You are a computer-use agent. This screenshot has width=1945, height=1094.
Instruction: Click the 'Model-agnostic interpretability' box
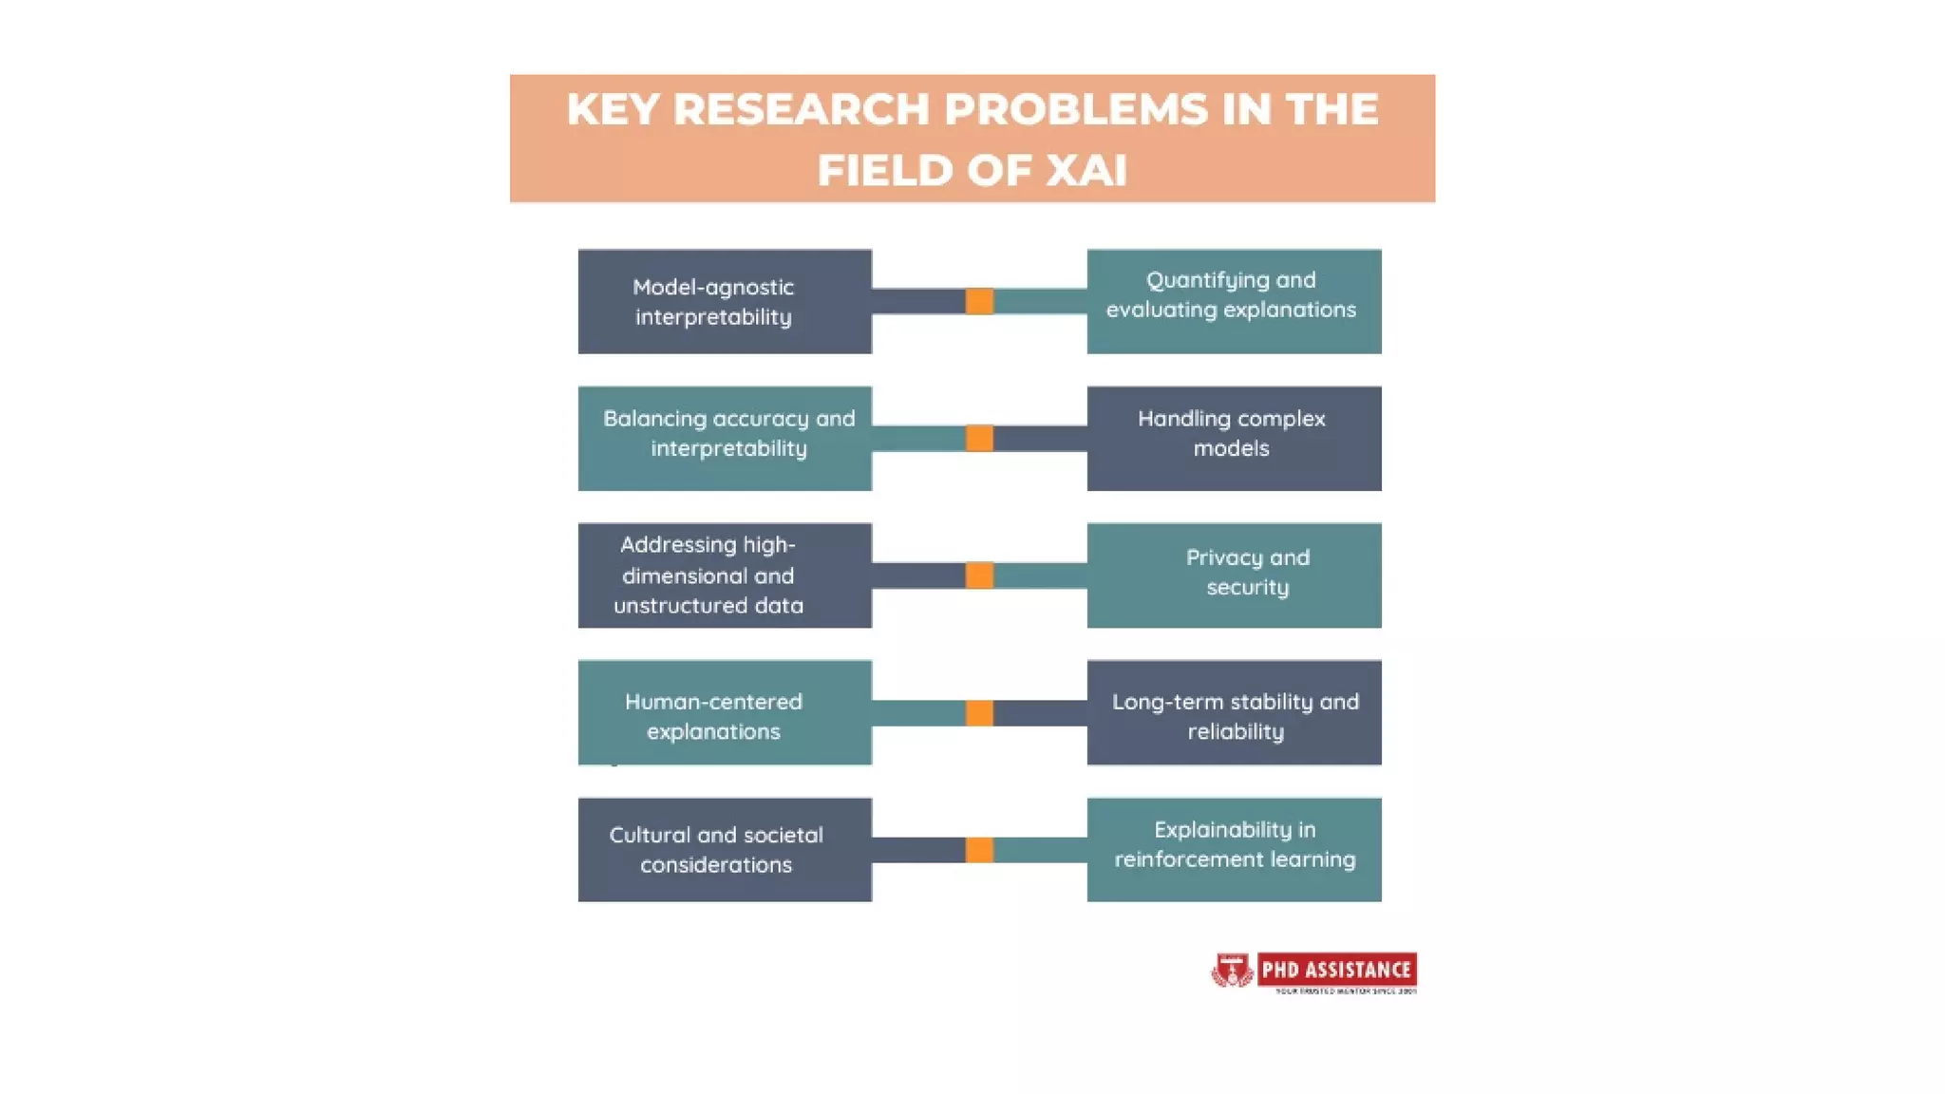pos(725,302)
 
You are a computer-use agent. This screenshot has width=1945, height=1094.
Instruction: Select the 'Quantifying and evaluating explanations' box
pos(1234,302)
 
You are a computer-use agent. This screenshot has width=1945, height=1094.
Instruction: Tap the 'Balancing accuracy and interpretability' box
pos(725,438)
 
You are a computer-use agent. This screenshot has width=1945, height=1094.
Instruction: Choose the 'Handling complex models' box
pos(1234,438)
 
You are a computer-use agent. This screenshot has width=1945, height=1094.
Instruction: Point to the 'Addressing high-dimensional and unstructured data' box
pos(725,575)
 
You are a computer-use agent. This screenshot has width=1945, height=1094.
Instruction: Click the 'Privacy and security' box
pos(1234,575)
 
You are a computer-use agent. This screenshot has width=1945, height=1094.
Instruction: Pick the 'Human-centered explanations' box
pos(725,712)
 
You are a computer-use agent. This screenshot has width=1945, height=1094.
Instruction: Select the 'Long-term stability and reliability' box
pos(1234,712)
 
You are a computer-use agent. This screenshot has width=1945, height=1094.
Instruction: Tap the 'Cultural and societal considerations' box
pos(725,849)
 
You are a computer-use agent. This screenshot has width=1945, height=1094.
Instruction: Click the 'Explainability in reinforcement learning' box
pos(1234,849)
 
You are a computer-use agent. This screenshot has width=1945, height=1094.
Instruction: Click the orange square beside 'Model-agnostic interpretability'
pos(979,301)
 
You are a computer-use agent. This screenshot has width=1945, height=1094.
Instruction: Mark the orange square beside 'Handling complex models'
pos(979,438)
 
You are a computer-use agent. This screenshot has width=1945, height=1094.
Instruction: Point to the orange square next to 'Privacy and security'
pos(979,575)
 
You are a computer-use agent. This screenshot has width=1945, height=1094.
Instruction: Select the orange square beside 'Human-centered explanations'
pos(979,712)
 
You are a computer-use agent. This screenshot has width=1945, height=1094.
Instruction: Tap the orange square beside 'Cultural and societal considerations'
pos(979,849)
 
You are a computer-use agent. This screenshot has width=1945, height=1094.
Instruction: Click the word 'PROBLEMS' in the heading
pos(1076,109)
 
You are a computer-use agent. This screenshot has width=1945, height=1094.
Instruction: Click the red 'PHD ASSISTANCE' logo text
pos(1335,970)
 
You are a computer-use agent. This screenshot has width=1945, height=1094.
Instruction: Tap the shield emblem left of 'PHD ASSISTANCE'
pos(1232,971)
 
